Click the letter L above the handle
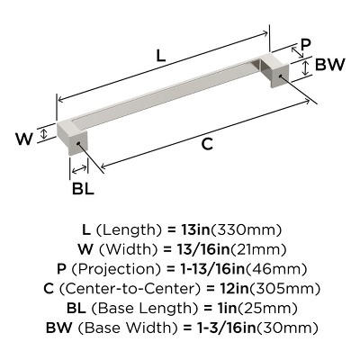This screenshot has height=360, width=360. (x=159, y=55)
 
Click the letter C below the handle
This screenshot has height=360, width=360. (x=206, y=142)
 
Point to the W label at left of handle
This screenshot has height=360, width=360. (x=27, y=139)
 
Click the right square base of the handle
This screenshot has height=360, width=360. (x=274, y=73)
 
